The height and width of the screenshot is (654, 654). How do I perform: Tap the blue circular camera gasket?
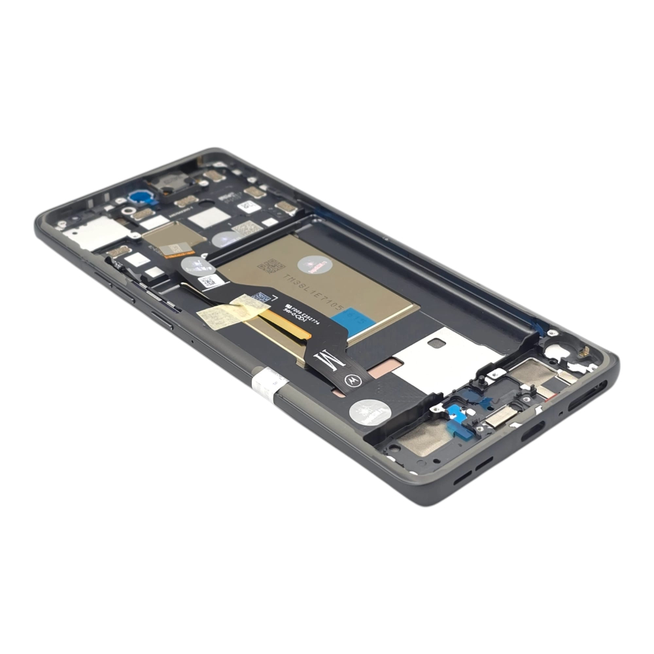pos(139,196)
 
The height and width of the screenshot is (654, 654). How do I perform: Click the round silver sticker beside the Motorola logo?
pos(370,412)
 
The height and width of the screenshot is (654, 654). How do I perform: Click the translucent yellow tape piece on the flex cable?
pos(232,313)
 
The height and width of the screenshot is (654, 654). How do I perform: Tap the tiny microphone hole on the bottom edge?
pos(561,413)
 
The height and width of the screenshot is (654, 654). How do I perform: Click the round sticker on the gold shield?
pos(314,264)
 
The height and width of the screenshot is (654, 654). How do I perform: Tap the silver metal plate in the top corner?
pos(95,232)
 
